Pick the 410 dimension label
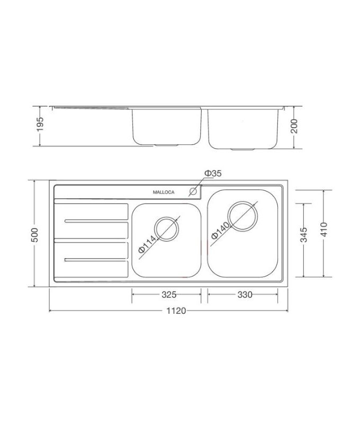click(325, 229)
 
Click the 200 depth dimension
click(295, 127)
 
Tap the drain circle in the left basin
click(167, 227)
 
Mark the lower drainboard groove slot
click(94, 259)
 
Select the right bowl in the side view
click(243, 127)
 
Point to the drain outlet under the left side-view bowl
click(167, 144)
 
